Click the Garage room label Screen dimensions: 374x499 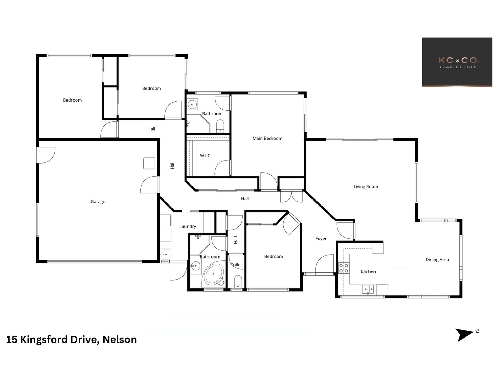pos(98,202)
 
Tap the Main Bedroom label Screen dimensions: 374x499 pos(267,138)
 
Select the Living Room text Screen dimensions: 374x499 pos(366,187)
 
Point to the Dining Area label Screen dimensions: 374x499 pos(437,260)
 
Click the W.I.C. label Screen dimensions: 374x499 pos(205,156)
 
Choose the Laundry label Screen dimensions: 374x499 pos(188,226)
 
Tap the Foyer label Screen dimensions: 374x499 pos(321,239)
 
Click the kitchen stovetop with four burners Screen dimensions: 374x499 pos(344,268)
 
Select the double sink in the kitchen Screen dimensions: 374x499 pos(368,289)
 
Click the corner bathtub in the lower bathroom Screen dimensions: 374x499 pos(214,276)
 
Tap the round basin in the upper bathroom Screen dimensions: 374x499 pos(192,104)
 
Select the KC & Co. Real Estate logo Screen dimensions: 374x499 pos(457,62)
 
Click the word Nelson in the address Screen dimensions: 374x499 pos(119,340)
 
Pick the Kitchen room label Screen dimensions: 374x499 pos(368,272)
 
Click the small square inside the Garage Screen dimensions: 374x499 pos(149,163)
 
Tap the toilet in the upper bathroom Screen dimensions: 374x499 pos(220,126)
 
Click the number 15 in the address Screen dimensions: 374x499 pos(12,340)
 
